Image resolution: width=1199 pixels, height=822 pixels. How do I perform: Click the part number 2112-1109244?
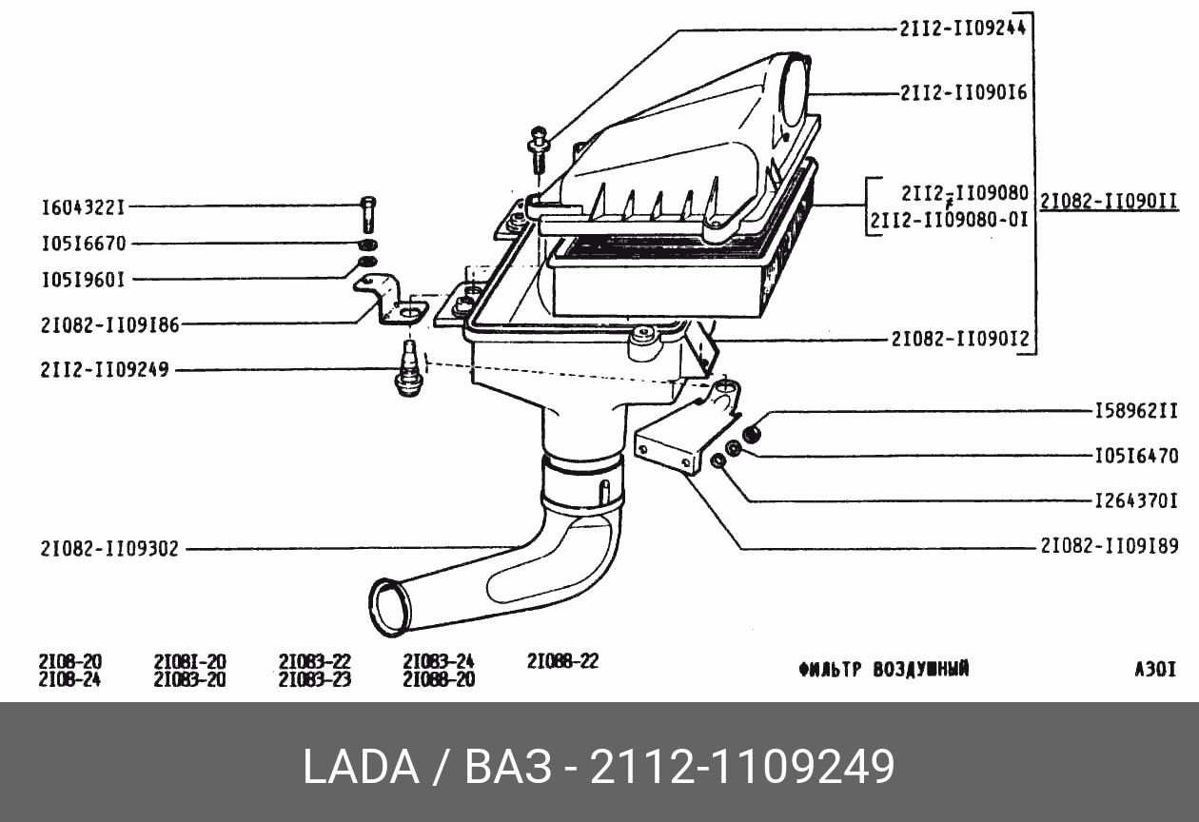(x=962, y=29)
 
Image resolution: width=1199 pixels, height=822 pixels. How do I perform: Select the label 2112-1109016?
(x=963, y=93)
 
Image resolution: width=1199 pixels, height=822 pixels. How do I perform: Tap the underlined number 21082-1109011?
(x=1110, y=202)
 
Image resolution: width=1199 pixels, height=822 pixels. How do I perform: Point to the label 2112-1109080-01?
(x=950, y=220)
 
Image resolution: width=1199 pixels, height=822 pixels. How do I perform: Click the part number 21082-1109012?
(x=960, y=339)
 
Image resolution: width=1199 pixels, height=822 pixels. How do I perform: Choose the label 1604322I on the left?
(x=84, y=207)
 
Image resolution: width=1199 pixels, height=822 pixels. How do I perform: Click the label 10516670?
(x=84, y=244)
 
